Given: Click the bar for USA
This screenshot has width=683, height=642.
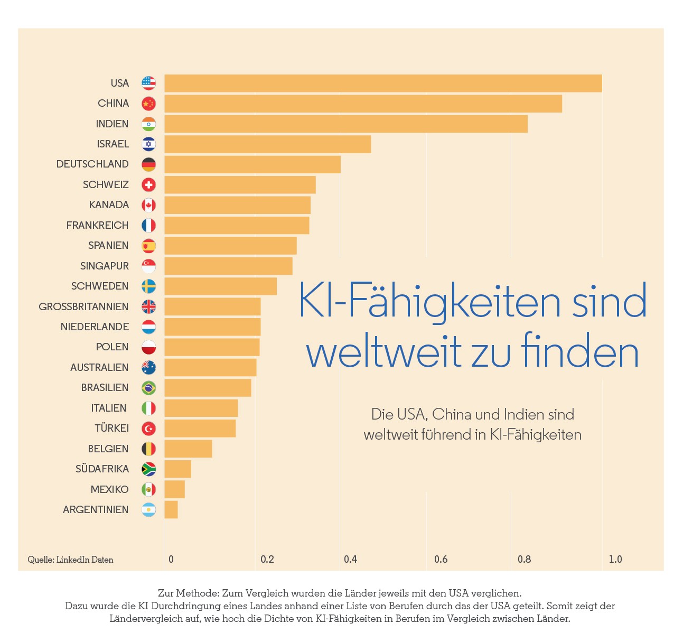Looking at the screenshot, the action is click(383, 83).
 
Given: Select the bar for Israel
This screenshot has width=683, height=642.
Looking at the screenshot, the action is click(268, 144).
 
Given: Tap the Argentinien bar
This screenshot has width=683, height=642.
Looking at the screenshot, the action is click(171, 509).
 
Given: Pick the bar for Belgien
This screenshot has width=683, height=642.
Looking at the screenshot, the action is click(188, 449).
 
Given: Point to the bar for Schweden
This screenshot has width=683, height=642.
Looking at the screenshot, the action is click(220, 286).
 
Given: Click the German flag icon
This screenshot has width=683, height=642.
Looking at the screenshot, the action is click(148, 164).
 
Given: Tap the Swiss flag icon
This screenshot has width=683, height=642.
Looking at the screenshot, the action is click(148, 185).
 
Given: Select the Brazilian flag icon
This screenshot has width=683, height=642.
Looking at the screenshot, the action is click(148, 388).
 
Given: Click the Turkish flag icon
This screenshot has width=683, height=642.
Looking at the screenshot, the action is click(148, 429).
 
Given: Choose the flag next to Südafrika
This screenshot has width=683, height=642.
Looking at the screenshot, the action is click(148, 469).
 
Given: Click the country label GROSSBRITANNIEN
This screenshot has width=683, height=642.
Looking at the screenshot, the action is click(83, 306).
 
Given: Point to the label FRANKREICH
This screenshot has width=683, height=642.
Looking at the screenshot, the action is click(97, 225).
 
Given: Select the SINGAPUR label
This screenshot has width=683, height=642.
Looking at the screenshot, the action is click(105, 266).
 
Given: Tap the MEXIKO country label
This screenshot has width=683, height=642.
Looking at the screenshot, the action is click(110, 489).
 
